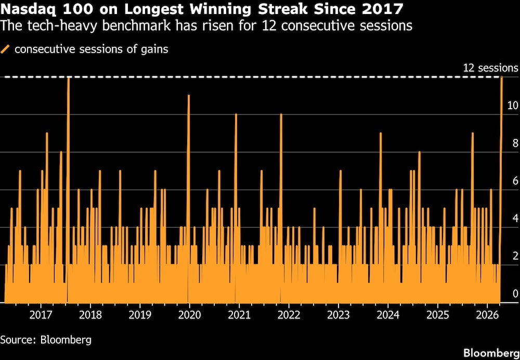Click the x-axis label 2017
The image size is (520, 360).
coord(41,315)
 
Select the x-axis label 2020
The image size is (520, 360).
coord(189,315)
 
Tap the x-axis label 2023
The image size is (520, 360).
coord(339,315)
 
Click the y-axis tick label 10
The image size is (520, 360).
coord(512,106)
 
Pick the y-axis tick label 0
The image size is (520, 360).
coord(515,294)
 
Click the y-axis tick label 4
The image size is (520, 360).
coord(515,218)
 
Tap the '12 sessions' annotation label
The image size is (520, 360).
coord(490,68)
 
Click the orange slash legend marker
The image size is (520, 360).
coord(6,50)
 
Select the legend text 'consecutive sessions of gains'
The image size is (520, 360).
coord(91,50)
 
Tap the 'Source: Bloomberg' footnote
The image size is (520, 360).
coord(46,340)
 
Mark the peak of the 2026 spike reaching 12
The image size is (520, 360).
coord(502,78)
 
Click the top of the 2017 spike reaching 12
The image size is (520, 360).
coord(68,78)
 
